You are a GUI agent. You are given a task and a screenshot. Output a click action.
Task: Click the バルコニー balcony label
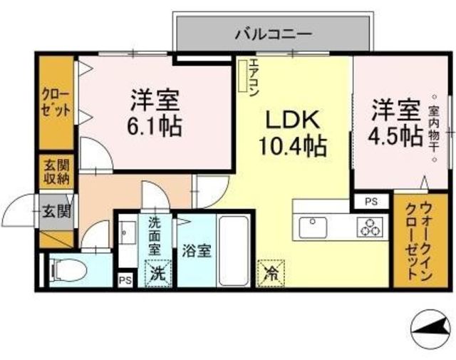point(274,34)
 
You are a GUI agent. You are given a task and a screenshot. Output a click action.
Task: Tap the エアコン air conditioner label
point(254,78)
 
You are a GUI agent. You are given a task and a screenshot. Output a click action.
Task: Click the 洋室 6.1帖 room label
point(155,113)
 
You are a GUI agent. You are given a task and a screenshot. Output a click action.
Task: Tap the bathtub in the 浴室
point(234,251)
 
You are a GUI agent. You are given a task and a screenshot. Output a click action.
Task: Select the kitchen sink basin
point(313,227)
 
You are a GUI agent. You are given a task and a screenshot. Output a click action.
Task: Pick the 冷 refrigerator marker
point(271,273)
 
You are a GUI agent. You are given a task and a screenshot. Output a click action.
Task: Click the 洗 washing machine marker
point(157,274)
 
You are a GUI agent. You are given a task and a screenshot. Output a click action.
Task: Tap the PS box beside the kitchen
point(371,202)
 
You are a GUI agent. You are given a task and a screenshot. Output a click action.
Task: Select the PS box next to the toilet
point(125,280)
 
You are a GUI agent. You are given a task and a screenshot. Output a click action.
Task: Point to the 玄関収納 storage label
point(57,172)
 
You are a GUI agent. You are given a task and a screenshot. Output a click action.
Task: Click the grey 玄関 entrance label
point(57,211)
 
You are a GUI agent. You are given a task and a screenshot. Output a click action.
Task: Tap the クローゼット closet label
point(56,103)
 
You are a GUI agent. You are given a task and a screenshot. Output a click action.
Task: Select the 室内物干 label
point(435,128)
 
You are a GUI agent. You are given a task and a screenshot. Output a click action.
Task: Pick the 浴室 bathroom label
point(197,250)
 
